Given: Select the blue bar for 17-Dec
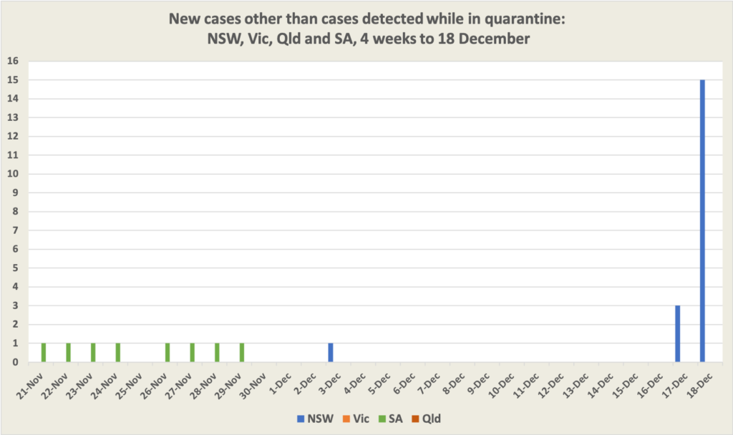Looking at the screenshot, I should click(x=677, y=333).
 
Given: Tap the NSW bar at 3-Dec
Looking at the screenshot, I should click(x=330, y=353).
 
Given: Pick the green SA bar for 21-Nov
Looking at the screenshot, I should click(x=44, y=353).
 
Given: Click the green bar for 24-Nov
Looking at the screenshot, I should click(x=118, y=353).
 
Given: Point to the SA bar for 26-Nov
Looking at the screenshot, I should click(x=168, y=353).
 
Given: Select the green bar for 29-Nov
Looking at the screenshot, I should click(x=242, y=353).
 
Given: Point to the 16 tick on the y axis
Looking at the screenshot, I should click(x=12, y=61).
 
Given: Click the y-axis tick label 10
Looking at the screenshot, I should click(x=12, y=174).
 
